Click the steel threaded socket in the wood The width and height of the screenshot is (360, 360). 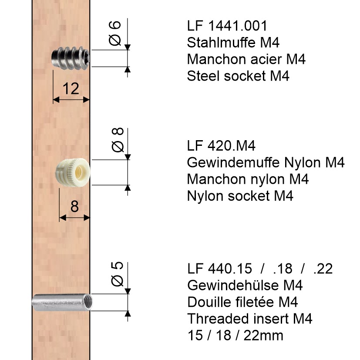pyautogui.click(x=71, y=58)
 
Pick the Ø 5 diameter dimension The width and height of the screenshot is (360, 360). pyautogui.click(x=116, y=274)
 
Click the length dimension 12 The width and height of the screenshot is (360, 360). pyautogui.click(x=71, y=89)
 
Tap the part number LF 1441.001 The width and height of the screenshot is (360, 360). pyautogui.click(x=227, y=26)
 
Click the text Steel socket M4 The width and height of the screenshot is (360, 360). pyautogui.click(x=238, y=76)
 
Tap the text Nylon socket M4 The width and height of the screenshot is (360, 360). pyautogui.click(x=240, y=195)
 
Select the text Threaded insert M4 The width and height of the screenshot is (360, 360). pyautogui.click(x=250, y=319)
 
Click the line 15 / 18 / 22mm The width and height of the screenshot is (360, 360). pyautogui.click(x=235, y=335)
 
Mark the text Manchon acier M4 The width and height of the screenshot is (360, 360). pyautogui.click(x=246, y=59)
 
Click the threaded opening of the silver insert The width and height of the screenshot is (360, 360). pyautogui.click(x=88, y=303)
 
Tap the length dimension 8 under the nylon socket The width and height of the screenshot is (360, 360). pyautogui.click(x=74, y=206)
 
